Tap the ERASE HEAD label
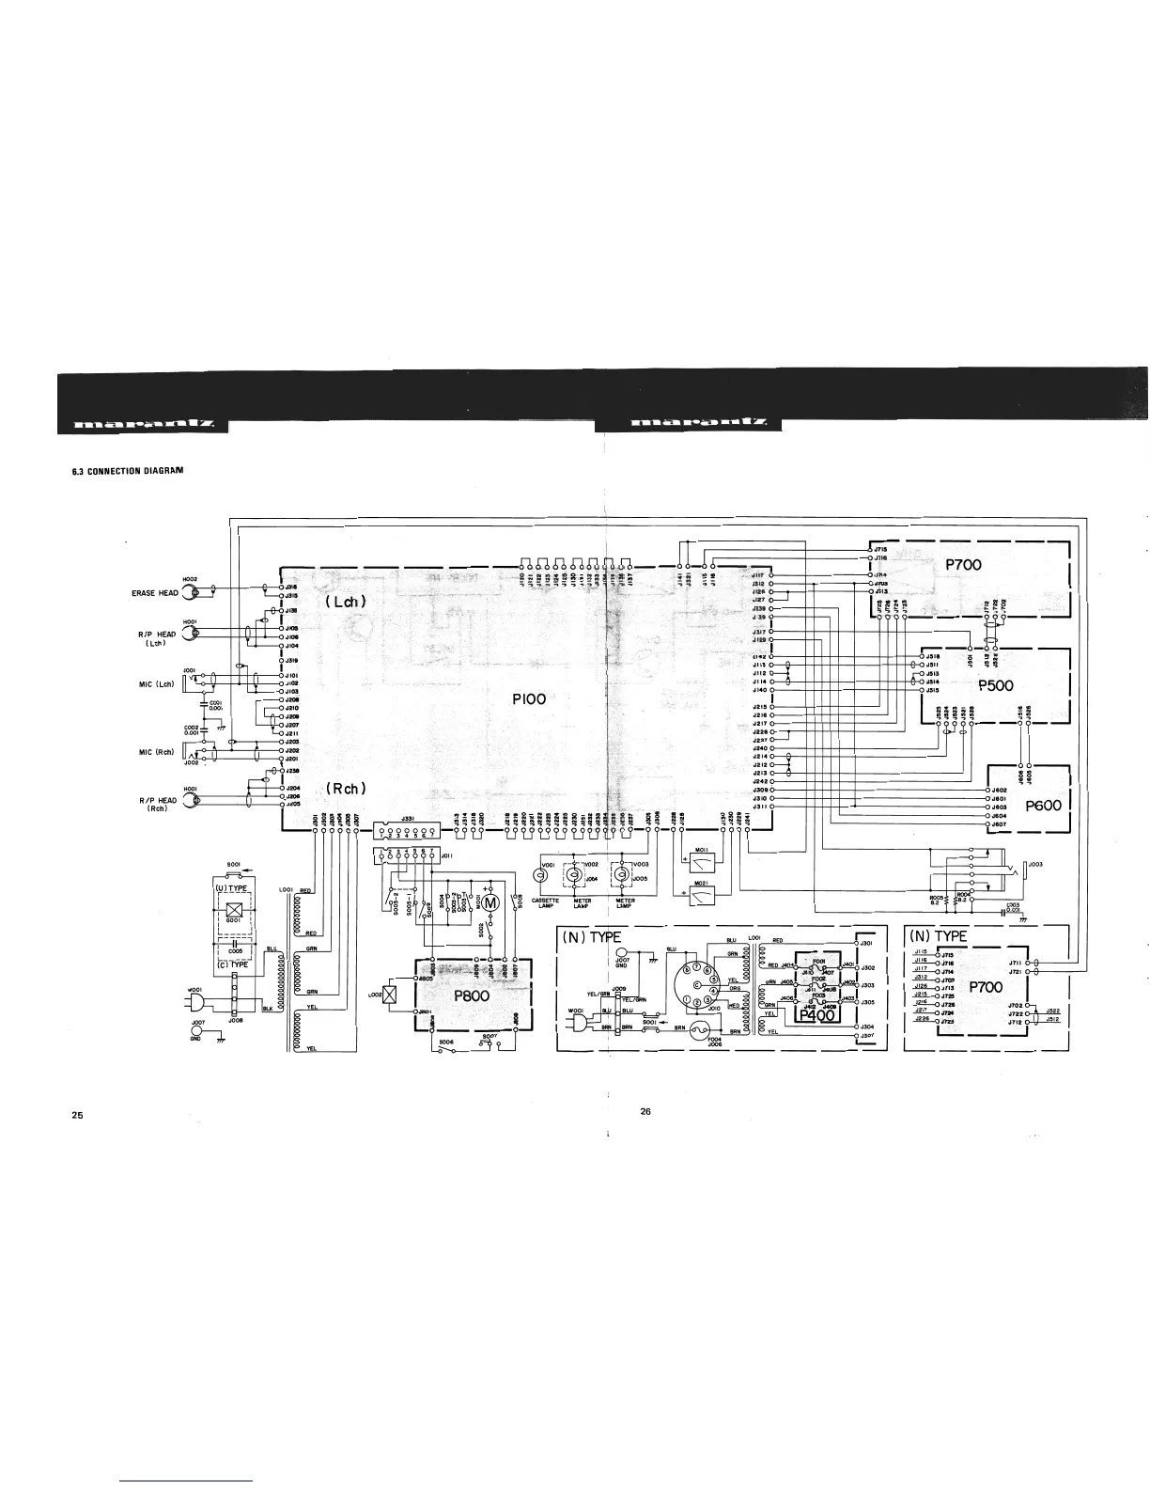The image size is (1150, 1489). (155, 593)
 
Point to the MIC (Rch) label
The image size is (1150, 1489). (155, 751)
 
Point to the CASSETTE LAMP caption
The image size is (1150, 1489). (546, 903)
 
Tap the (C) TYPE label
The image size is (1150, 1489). (233, 964)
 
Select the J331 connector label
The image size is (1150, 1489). (408, 819)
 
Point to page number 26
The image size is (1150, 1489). (645, 1111)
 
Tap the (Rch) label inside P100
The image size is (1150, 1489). (347, 788)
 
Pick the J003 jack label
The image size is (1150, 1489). (1035, 863)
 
